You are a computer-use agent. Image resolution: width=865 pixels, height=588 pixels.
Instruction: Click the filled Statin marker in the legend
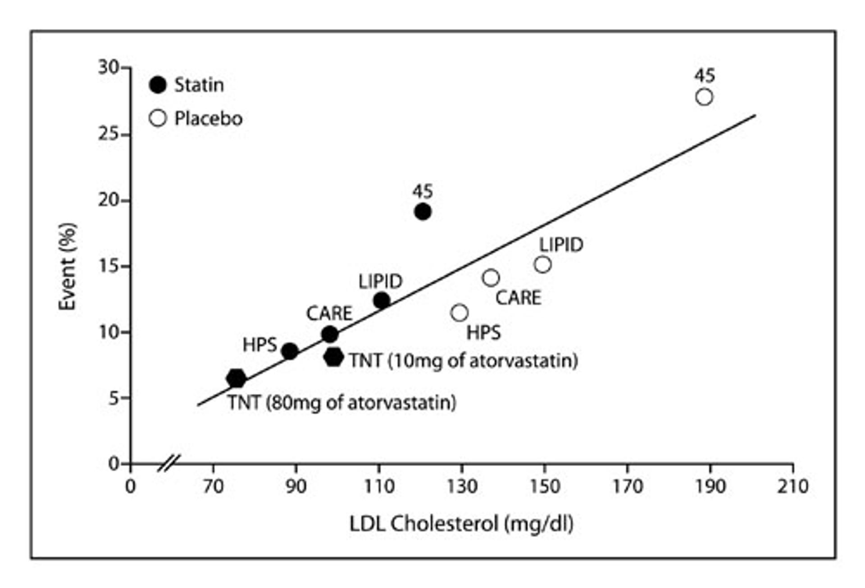[158, 85]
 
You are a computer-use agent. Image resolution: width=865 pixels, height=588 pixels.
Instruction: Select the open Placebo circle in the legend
[158, 118]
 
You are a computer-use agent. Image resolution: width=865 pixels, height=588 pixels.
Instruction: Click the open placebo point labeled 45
[704, 97]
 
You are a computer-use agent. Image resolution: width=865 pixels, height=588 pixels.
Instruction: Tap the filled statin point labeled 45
[422, 212]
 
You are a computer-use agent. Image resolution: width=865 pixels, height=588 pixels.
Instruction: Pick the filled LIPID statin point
[382, 300]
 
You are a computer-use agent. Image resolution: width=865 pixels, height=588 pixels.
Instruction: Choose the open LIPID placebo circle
[542, 265]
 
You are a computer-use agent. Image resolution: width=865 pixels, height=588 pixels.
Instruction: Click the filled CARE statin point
[330, 335]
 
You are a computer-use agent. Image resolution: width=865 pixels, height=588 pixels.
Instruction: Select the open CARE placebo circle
[491, 278]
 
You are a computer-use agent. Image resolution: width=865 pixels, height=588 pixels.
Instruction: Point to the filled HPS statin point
[289, 351]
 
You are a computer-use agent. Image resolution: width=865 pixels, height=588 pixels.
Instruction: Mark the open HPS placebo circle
[459, 312]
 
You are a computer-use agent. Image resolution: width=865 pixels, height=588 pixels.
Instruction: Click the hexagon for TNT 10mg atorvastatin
[333, 357]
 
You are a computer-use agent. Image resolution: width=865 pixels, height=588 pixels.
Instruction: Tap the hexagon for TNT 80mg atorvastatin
[236, 379]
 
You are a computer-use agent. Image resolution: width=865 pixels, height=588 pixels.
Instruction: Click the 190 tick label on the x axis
[710, 487]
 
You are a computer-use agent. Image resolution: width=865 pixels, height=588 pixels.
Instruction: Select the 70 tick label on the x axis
[213, 487]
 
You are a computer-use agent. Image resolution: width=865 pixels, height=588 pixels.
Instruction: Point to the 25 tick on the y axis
[109, 134]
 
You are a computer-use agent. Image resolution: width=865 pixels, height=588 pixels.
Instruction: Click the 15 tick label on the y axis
[109, 266]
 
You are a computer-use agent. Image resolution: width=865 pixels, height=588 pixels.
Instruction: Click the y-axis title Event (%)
[68, 267]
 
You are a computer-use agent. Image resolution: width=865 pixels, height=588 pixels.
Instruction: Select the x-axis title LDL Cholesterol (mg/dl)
[461, 524]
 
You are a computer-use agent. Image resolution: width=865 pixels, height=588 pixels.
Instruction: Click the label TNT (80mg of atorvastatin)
[341, 403]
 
